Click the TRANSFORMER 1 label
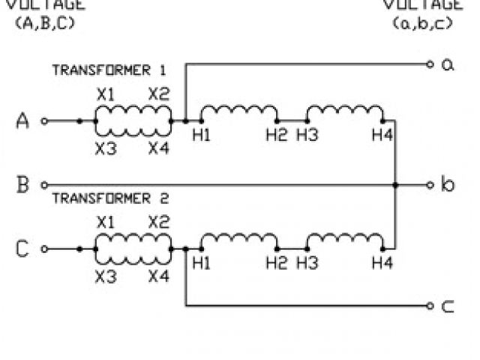click(x=109, y=70)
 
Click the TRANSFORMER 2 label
click(x=109, y=199)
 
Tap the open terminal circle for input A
click(x=44, y=120)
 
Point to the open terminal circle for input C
click(x=44, y=248)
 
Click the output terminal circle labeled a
click(x=430, y=64)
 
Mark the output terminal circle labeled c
click(x=430, y=305)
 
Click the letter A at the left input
click(x=22, y=121)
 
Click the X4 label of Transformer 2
click(x=158, y=276)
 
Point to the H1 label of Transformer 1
click(x=200, y=134)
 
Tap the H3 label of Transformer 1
click(x=307, y=134)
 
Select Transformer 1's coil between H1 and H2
click(x=238, y=112)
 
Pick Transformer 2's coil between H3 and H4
click(x=346, y=240)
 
